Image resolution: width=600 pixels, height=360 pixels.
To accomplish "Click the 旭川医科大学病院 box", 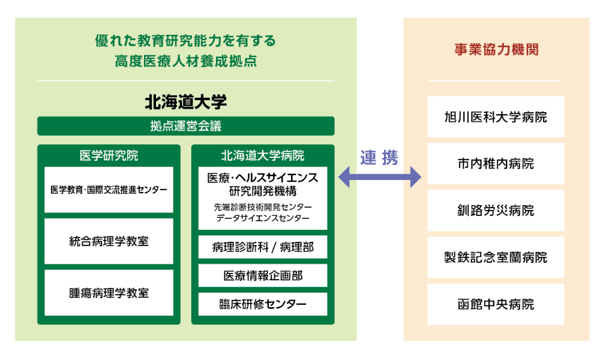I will coord(496,117).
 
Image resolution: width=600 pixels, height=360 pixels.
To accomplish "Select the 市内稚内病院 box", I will coord(496,164).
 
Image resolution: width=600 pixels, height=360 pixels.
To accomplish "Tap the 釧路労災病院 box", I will coord(496,211).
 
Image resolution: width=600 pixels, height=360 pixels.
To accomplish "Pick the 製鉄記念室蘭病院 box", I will coord(496,257).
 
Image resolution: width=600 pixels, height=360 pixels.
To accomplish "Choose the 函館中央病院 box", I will coord(496,304).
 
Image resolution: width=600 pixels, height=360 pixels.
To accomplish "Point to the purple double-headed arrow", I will coord(380,177).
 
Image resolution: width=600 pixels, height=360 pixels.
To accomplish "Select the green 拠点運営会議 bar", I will coord(185,126).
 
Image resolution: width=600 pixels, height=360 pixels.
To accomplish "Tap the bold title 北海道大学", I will coord(185,102).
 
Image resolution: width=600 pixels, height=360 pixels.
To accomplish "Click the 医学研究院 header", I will coord(109,155).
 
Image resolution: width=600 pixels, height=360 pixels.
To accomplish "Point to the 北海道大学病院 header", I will coord(263,155).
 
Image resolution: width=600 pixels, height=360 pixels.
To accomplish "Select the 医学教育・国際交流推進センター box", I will coord(109,190).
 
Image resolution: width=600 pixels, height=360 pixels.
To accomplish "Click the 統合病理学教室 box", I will coord(109,241).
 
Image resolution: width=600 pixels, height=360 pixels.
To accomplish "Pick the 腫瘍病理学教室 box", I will coord(109,293).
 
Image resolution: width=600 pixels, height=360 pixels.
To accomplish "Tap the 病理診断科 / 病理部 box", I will coord(263,247).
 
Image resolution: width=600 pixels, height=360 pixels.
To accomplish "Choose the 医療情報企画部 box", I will coord(263,275).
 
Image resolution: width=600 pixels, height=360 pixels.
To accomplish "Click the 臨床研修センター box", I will coord(263,304).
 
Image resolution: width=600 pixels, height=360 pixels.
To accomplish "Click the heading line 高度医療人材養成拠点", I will coord(185,61).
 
